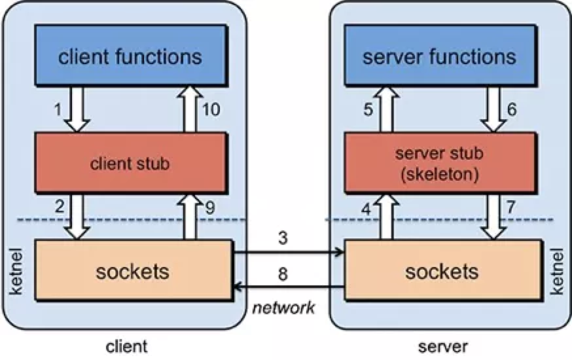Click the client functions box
click(x=131, y=55)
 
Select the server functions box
click(x=440, y=55)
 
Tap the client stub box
click(x=131, y=162)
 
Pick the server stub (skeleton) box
click(x=440, y=162)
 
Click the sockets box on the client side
click(x=134, y=270)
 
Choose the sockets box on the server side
click(x=443, y=270)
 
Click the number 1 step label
click(x=58, y=109)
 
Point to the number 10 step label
click(x=211, y=109)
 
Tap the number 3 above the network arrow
click(x=283, y=238)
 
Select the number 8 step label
click(x=283, y=274)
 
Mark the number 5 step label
click(x=368, y=109)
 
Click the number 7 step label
click(x=510, y=207)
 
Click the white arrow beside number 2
click(x=77, y=217)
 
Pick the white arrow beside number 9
click(x=190, y=217)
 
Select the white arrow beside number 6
click(x=493, y=109)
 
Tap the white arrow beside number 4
click(x=386, y=217)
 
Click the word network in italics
click(x=283, y=308)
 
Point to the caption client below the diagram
click(x=126, y=346)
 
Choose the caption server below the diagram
click(x=443, y=346)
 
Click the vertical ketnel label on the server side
click(x=557, y=271)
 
